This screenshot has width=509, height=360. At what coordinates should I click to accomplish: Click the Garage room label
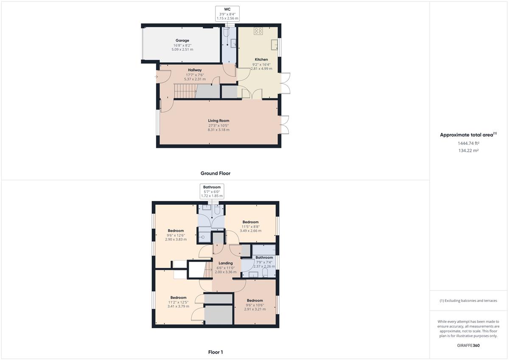(182, 40)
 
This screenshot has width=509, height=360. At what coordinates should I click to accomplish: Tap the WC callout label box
(227, 14)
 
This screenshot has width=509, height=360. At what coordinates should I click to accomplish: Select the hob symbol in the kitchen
(258, 31)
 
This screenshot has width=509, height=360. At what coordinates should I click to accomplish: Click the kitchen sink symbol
(274, 45)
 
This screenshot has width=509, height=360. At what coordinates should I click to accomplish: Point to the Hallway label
(195, 70)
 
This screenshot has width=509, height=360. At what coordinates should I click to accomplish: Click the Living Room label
(218, 120)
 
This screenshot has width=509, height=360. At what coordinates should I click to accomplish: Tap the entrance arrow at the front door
(156, 77)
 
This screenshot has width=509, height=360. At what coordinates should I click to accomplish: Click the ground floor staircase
(185, 91)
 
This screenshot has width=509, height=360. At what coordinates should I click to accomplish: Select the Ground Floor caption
(215, 173)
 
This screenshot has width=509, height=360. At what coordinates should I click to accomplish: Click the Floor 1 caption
(215, 352)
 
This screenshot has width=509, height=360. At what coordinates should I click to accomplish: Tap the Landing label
(226, 263)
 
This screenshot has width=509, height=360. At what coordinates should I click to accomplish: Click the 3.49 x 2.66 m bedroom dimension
(250, 231)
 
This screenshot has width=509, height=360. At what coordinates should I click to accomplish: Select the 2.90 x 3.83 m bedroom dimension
(176, 239)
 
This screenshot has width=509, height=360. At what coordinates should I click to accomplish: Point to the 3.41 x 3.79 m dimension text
(179, 306)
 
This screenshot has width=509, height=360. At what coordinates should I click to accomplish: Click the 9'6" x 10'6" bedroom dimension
(255, 305)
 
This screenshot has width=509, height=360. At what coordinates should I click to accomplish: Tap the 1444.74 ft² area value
(468, 143)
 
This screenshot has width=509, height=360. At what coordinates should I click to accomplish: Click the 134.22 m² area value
(468, 151)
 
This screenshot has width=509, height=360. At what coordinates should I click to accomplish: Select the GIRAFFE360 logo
(468, 346)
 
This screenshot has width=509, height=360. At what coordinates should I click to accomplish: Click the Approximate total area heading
(468, 134)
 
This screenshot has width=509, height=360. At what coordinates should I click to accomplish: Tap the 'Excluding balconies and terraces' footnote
(468, 301)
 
